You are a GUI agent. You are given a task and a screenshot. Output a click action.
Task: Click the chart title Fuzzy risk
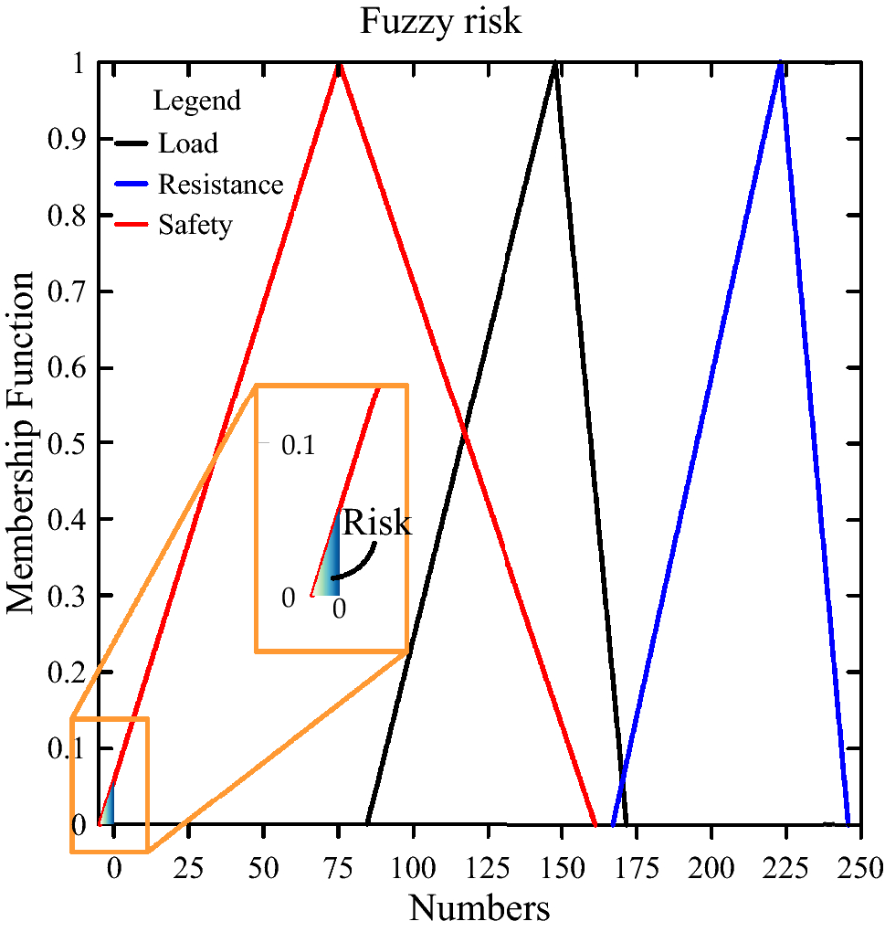pyautogui.click(x=440, y=20)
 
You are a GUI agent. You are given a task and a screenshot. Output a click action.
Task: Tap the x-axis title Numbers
pyautogui.click(x=479, y=907)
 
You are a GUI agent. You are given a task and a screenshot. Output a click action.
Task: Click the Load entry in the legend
pyautogui.click(x=187, y=143)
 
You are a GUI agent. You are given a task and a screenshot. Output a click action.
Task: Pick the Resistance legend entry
pyautogui.click(x=220, y=184)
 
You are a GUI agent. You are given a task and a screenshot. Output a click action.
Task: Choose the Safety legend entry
pyautogui.click(x=195, y=224)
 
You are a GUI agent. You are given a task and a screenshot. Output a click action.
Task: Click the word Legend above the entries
pyautogui.click(x=196, y=100)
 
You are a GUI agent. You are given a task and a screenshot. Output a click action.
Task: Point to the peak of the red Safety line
pyautogui.click(x=340, y=65)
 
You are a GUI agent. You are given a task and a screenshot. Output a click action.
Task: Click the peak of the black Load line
pyautogui.click(x=554, y=64)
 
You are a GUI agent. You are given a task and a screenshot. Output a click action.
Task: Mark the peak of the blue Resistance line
pyautogui.click(x=781, y=64)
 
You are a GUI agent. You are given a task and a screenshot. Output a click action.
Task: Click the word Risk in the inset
pyautogui.click(x=376, y=524)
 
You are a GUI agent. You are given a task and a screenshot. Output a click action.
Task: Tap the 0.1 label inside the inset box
pyautogui.click(x=298, y=446)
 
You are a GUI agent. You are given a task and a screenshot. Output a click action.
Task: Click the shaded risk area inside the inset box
pyautogui.click(x=332, y=567)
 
